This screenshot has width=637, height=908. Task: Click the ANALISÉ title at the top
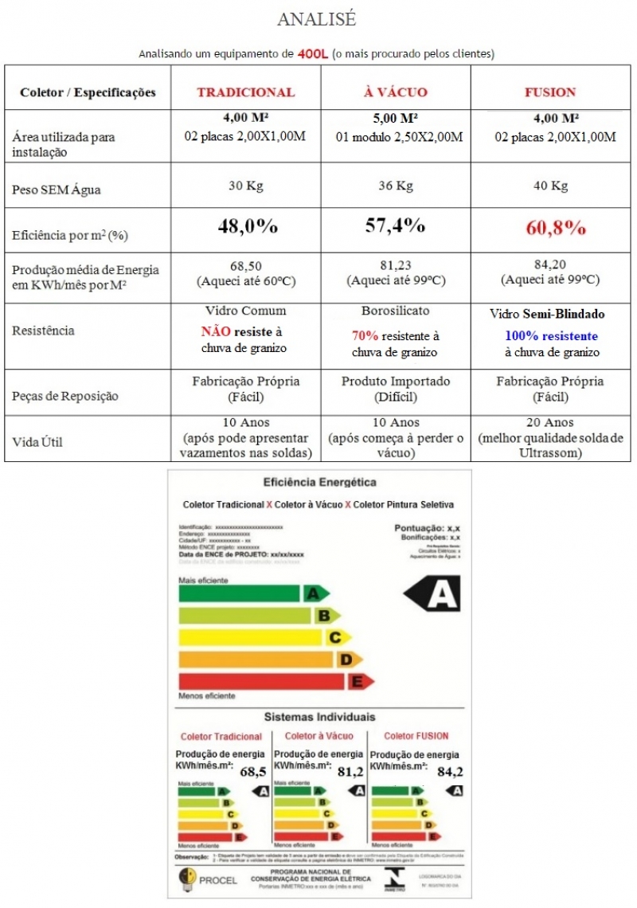pos(316,19)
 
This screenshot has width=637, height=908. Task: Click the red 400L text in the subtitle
pos(313,54)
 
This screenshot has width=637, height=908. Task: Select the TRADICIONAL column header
pos(245,92)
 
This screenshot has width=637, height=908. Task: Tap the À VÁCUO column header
pos(395,92)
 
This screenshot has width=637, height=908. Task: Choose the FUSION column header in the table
pos(550,92)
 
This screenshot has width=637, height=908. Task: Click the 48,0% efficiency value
pos(248,226)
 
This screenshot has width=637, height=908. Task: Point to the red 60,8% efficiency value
pos(555,228)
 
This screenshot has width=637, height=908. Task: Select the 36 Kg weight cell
pos(395,186)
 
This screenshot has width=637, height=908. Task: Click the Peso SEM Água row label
pos(57,190)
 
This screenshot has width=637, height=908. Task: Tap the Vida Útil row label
pos(37,442)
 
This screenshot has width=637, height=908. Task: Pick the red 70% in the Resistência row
pos(365,336)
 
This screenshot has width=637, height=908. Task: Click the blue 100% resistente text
pos(551,336)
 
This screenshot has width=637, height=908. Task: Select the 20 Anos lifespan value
pos(551,422)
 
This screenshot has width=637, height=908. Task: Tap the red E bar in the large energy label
pos(275,682)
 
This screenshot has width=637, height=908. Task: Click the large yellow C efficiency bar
pos(263,637)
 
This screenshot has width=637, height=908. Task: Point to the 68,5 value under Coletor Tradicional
pos(252,771)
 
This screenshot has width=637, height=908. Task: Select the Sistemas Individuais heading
pos(319,717)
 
